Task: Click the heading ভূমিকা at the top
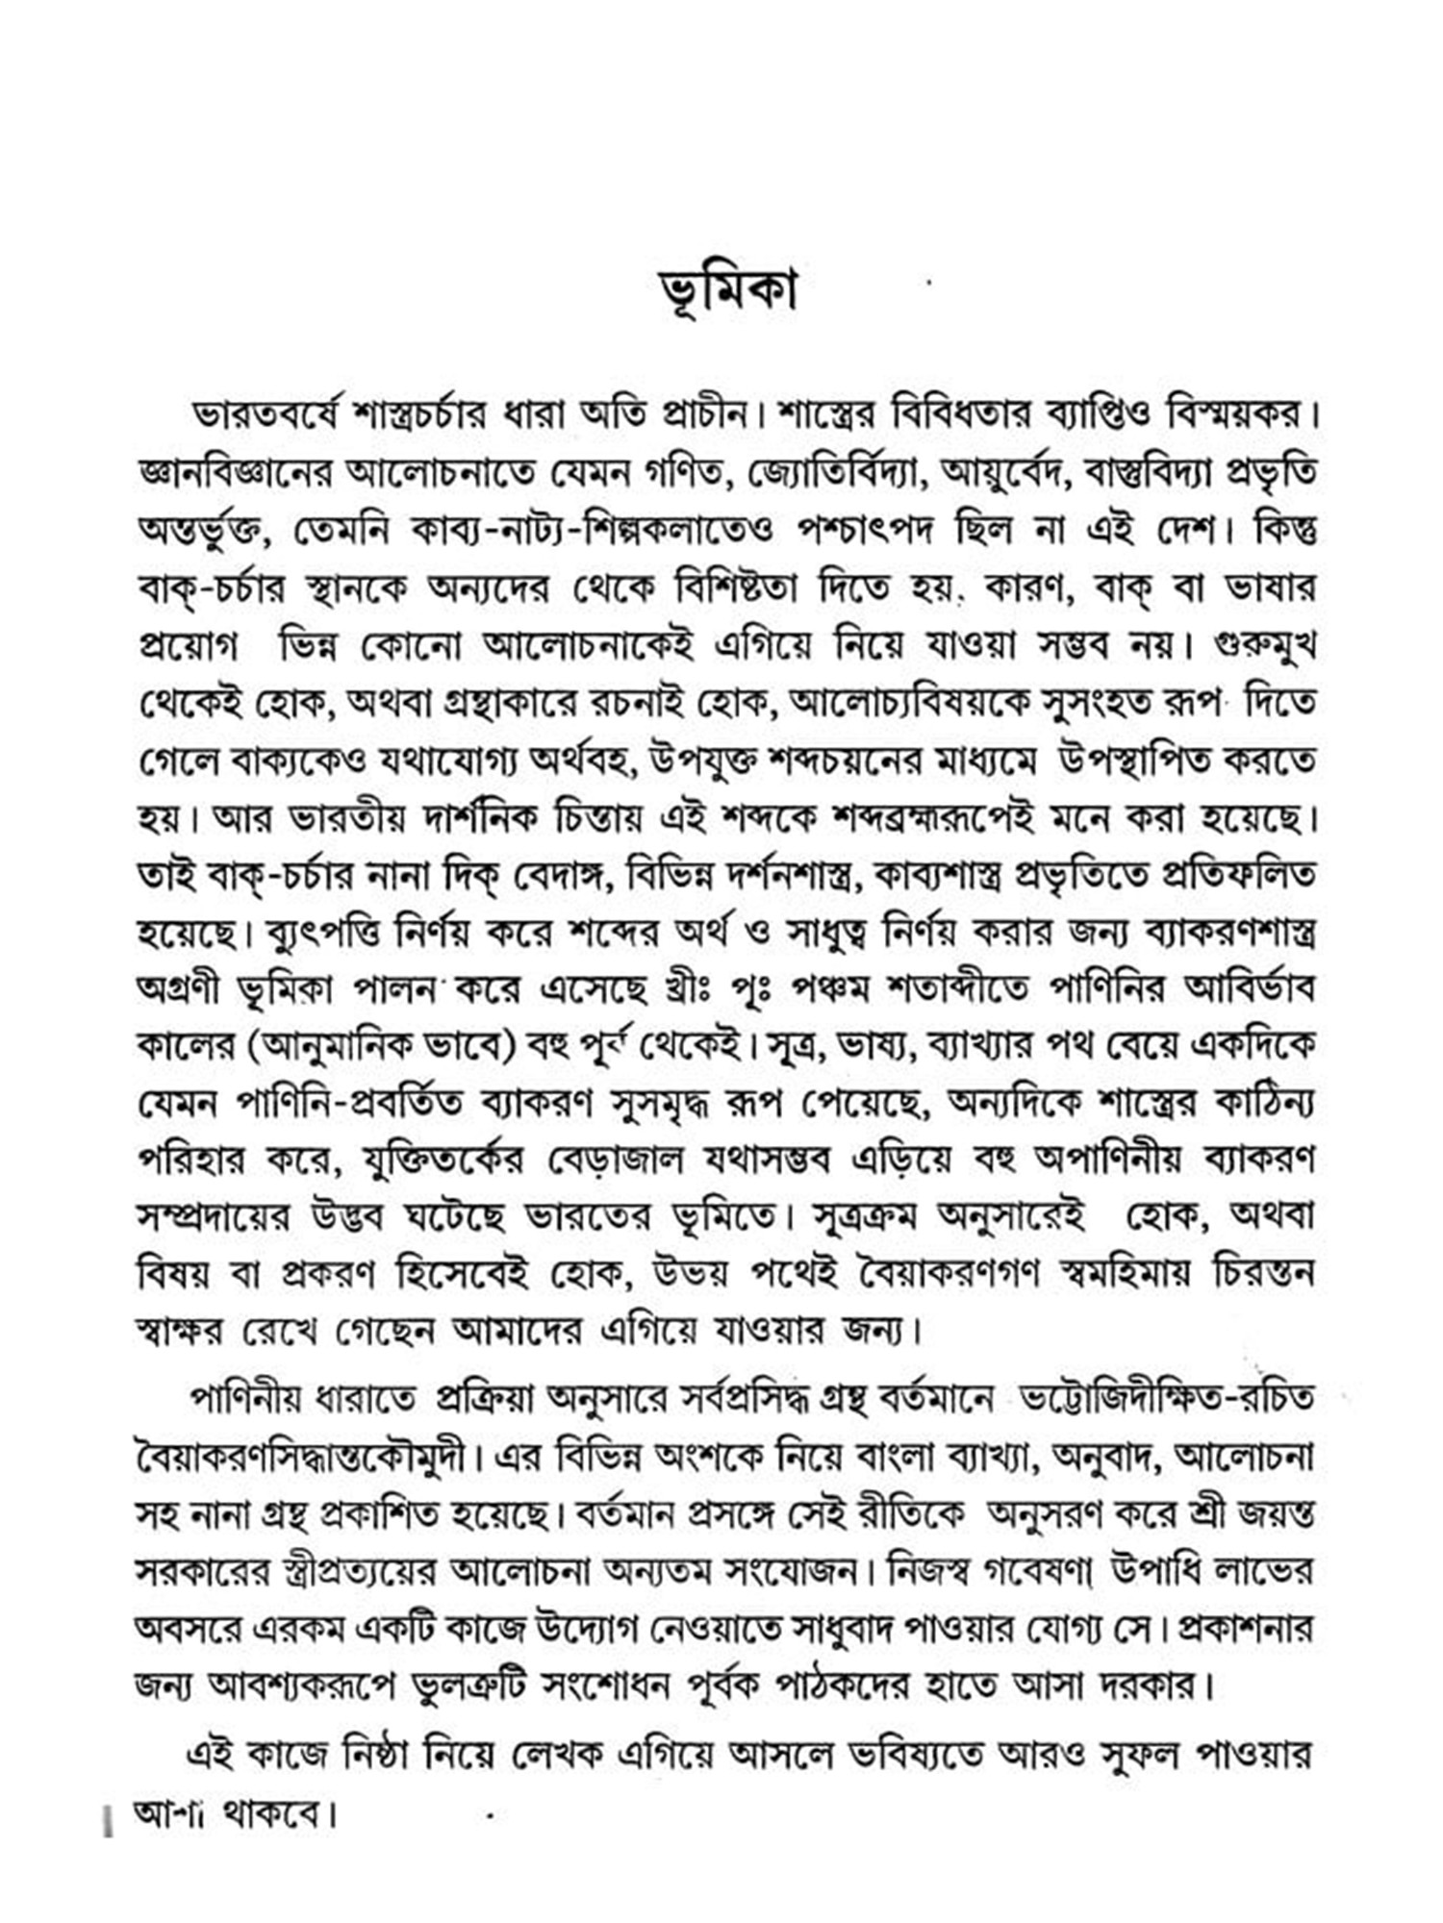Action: [729, 291]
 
